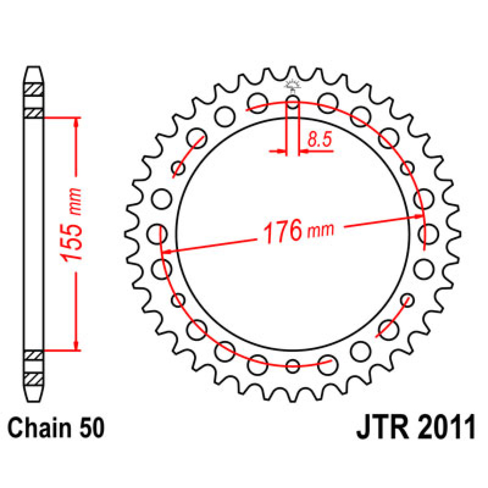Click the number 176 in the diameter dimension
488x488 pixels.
coord(282,231)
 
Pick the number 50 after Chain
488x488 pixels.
coord(92,428)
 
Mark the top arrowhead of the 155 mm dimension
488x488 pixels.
coord(76,122)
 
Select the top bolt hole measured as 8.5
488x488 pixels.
coord(292,102)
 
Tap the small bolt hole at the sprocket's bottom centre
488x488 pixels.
coord(292,365)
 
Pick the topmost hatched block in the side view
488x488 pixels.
coord(34,89)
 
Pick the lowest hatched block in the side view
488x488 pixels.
coord(34,379)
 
